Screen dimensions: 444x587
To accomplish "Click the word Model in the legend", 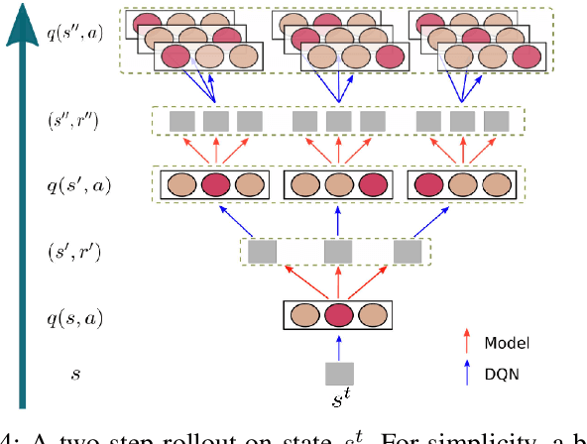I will pyautogui.click(x=506, y=343).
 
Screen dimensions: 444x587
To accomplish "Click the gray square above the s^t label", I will pyautogui.click(x=340, y=374).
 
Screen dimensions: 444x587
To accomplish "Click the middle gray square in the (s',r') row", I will pyautogui.click(x=339, y=252).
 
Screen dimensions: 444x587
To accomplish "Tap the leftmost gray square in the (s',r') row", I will pyautogui.click(x=262, y=252).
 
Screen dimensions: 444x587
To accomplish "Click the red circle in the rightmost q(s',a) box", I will pyautogui.click(x=429, y=184).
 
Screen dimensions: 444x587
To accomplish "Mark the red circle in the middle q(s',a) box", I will pyautogui.click(x=372, y=184).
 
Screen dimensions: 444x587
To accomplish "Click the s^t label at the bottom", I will pyautogui.click(x=340, y=402).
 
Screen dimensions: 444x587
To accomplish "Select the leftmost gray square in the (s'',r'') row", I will pyautogui.click(x=181, y=121).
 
